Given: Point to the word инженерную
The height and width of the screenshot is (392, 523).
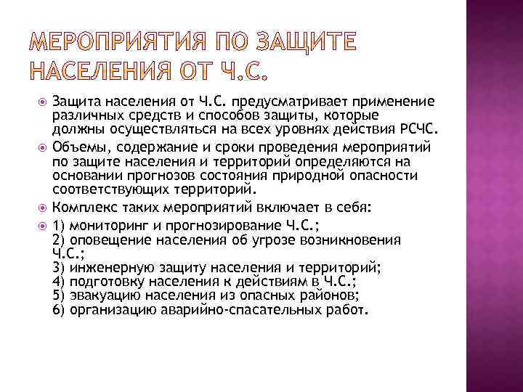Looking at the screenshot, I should [x=108, y=267].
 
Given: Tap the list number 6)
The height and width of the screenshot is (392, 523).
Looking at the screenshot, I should [x=60, y=309].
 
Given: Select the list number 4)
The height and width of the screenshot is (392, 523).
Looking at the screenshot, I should [x=60, y=281].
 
